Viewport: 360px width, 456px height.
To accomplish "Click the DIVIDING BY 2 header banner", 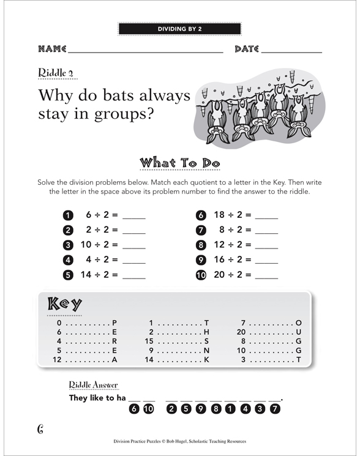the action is click(179, 28).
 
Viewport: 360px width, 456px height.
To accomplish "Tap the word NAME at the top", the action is click(52, 48).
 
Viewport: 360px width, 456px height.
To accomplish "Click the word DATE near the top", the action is click(247, 48).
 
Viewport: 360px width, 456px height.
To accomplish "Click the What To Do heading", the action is click(179, 163).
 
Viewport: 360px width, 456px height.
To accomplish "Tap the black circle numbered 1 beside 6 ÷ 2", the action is click(68, 215).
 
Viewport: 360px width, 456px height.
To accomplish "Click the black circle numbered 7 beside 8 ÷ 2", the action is click(200, 230).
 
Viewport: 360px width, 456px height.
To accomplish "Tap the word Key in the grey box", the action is click(64, 304).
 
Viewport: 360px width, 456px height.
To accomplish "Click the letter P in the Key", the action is click(114, 323).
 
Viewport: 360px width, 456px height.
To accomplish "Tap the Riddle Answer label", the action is click(94, 384).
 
